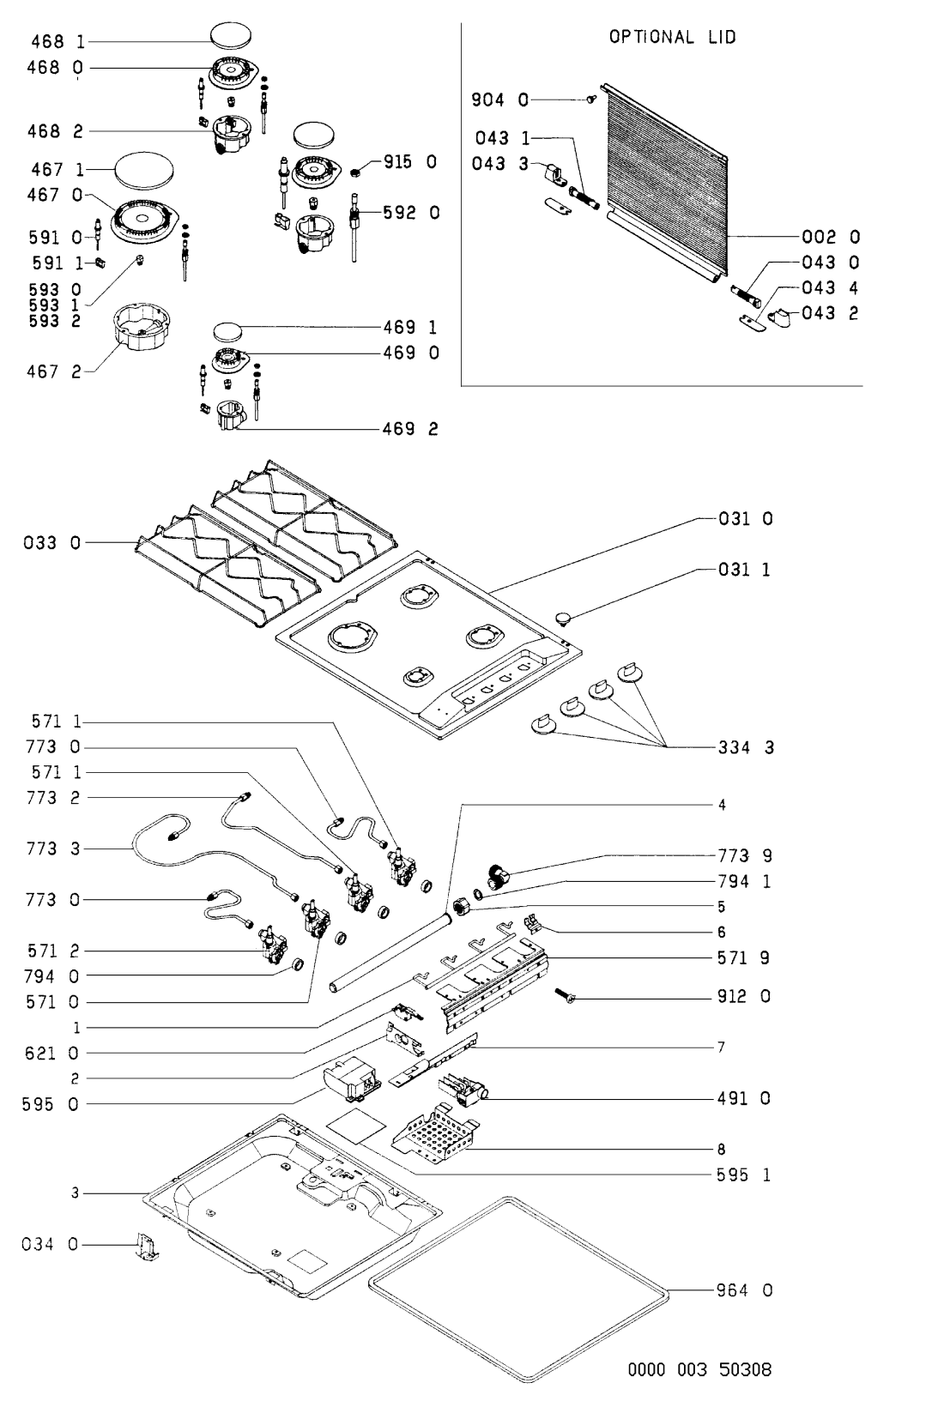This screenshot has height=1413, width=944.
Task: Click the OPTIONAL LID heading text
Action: (672, 37)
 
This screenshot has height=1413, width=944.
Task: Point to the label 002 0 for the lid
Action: (830, 237)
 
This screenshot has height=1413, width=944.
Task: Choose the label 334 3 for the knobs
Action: (746, 748)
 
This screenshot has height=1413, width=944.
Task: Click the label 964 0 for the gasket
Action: (744, 1289)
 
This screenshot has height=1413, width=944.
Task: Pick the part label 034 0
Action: (49, 1244)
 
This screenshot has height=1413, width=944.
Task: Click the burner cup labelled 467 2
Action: (142, 328)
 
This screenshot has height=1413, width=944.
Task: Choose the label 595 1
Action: (743, 1175)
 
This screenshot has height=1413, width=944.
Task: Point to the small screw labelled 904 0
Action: (591, 100)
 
